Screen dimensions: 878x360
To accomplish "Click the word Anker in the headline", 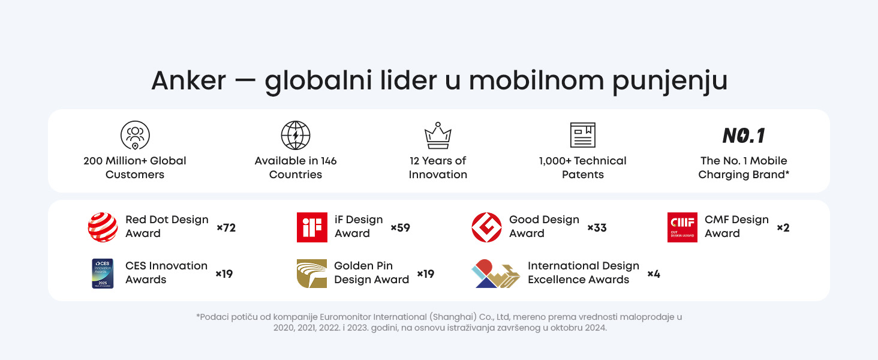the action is pos(188,80).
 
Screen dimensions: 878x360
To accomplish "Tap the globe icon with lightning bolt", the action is pos(296,135).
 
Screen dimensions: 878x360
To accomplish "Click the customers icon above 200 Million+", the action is pos(135,135).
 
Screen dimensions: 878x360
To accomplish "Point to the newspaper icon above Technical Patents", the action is pos(582,135).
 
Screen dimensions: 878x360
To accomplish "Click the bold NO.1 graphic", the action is pos(744,136).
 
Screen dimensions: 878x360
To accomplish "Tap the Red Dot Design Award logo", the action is pos(103,227).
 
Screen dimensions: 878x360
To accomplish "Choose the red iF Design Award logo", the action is pos(312,227).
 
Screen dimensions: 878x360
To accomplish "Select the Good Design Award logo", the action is pos(486,227).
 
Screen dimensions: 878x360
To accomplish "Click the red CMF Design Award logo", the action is pos(682,227).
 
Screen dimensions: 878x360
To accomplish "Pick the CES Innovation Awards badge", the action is pos(103,274).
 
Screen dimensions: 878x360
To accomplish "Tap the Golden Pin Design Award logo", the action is pos(312,274).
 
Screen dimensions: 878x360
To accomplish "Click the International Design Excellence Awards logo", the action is pos(496,274).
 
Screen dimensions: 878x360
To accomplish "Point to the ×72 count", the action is pos(226,228).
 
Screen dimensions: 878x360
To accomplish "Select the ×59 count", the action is pos(400,228).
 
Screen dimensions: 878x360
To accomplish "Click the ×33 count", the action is pos(597,228).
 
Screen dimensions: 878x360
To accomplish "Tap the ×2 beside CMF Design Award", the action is pos(783,228).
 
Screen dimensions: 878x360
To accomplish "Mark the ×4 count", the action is pos(654,274).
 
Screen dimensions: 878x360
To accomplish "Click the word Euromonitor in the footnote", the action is pos(345,317).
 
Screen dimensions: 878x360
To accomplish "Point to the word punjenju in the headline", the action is pos(670,82).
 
